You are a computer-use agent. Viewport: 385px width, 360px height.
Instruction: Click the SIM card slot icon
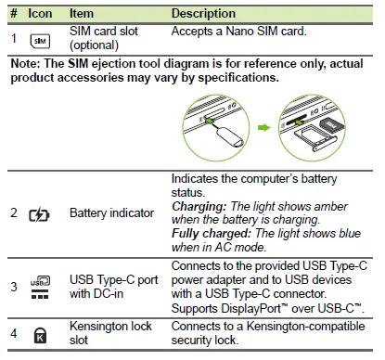pyautogui.click(x=39, y=41)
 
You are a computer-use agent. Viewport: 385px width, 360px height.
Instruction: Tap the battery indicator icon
pyautogui.click(x=40, y=213)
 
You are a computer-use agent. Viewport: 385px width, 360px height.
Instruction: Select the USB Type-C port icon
pyautogui.click(x=40, y=287)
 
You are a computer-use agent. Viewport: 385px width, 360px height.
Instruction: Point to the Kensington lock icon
pyautogui.click(x=40, y=335)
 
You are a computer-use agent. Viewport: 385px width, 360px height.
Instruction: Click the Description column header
pyautogui.click(x=203, y=14)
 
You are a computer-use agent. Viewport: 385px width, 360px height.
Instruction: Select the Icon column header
pyautogui.click(x=40, y=14)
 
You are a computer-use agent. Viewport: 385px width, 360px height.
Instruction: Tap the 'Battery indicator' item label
pyautogui.click(x=111, y=213)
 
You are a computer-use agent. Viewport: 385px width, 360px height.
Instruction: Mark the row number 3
pyautogui.click(x=14, y=287)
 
